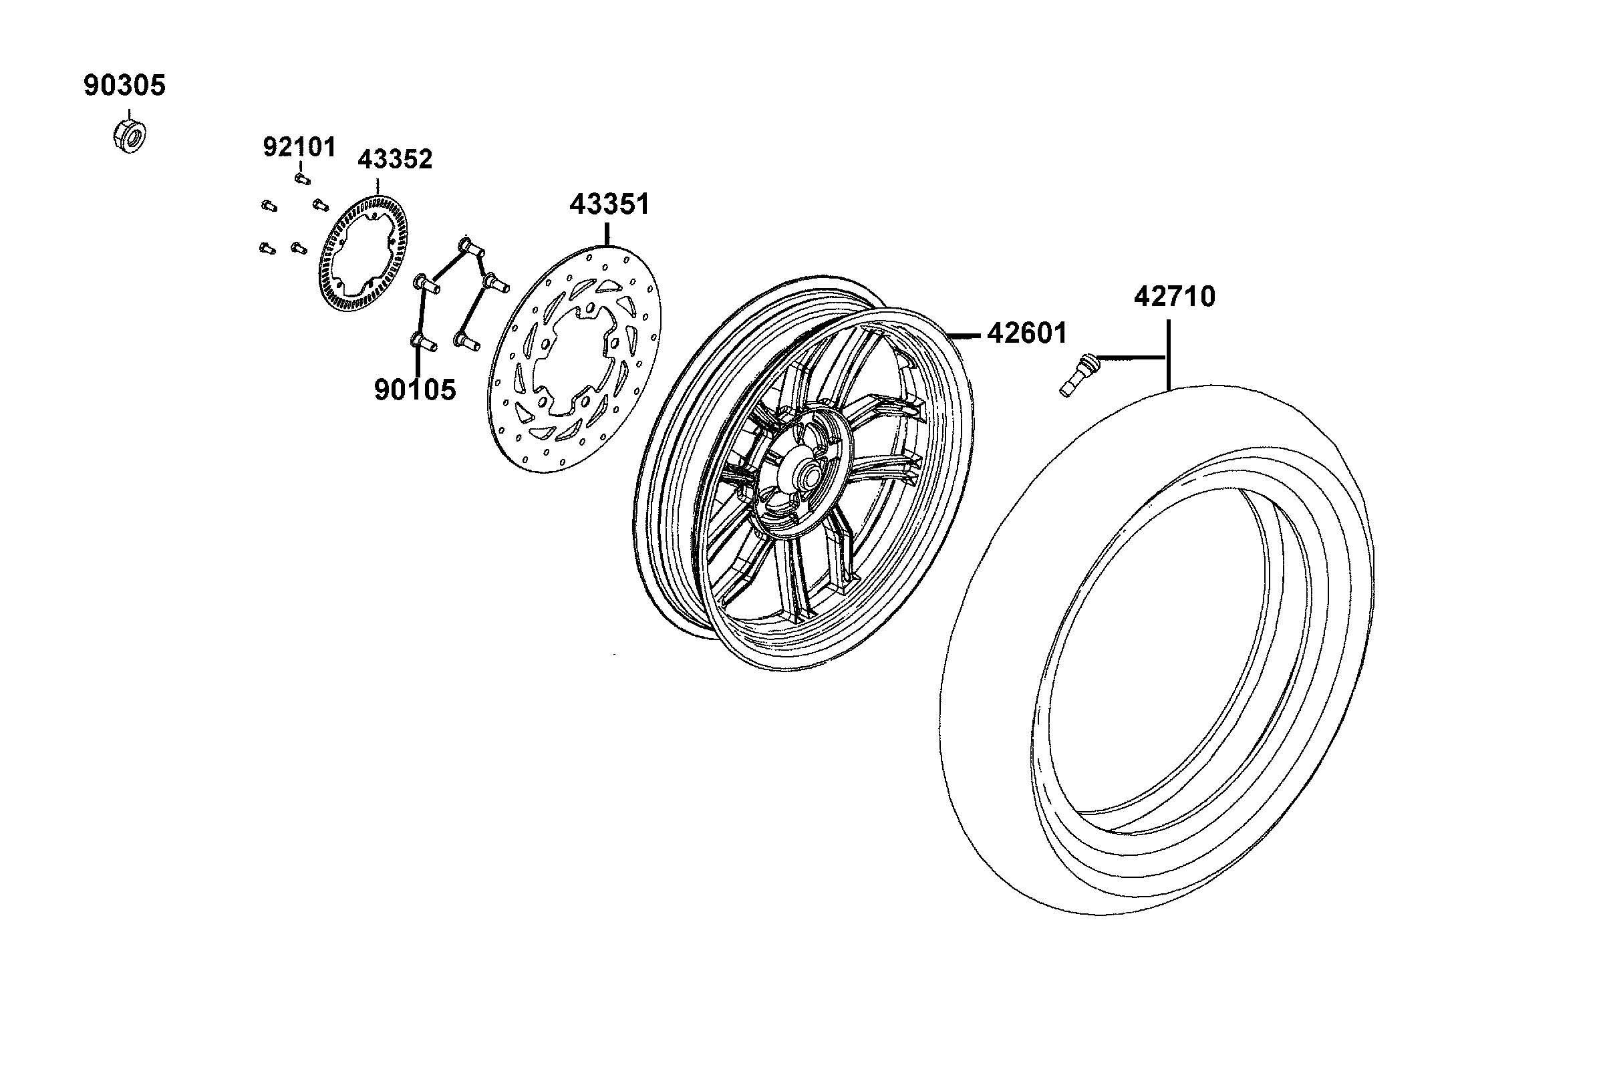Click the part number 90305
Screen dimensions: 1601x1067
click(x=124, y=86)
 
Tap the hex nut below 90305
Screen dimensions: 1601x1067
click(x=128, y=135)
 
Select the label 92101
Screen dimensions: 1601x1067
click(x=299, y=147)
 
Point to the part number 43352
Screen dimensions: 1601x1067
click(x=396, y=159)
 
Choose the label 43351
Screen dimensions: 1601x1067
click(x=609, y=204)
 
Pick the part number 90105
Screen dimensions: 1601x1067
click(x=415, y=390)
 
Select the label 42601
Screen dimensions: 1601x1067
click(x=1028, y=333)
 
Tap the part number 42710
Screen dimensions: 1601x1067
click(x=1175, y=297)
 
